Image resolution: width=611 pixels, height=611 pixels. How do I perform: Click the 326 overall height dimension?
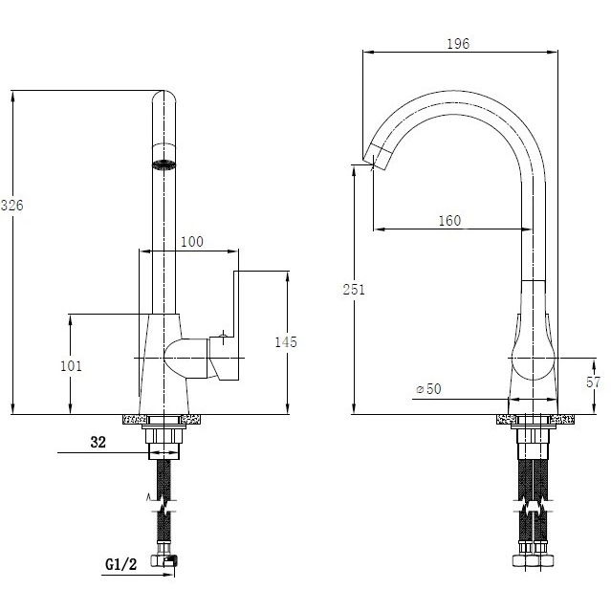pyautogui.click(x=12, y=206)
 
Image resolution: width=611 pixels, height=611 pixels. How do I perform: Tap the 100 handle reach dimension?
pyautogui.click(x=192, y=242)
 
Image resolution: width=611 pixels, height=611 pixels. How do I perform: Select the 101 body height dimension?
pyautogui.click(x=72, y=366)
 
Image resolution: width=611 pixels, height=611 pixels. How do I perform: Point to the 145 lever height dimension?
pyautogui.click(x=286, y=342)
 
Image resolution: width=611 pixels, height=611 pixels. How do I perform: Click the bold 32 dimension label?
pyautogui.click(x=98, y=442)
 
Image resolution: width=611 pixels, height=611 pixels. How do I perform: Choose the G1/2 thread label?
pyautogui.click(x=121, y=564)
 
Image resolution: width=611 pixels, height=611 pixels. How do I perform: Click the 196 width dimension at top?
pyautogui.click(x=458, y=44)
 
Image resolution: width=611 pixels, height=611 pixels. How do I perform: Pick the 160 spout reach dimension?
pyautogui.click(x=449, y=221)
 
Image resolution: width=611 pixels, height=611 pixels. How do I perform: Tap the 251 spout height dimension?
pyautogui.click(x=354, y=290)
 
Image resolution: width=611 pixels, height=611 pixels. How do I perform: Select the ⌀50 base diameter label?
pyautogui.click(x=428, y=389)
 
